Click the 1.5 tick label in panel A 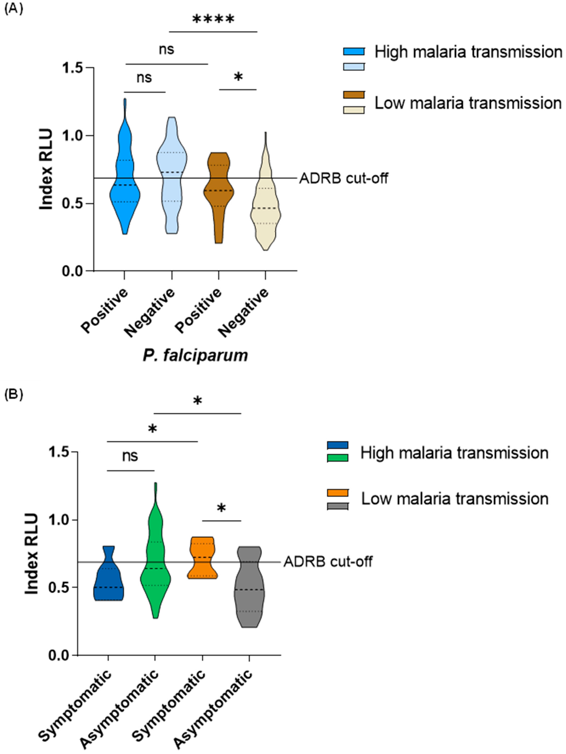point(73,68)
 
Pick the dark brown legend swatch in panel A point(353,95)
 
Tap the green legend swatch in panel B point(337,458)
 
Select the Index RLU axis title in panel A point(46,169)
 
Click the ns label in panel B point(130,456)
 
